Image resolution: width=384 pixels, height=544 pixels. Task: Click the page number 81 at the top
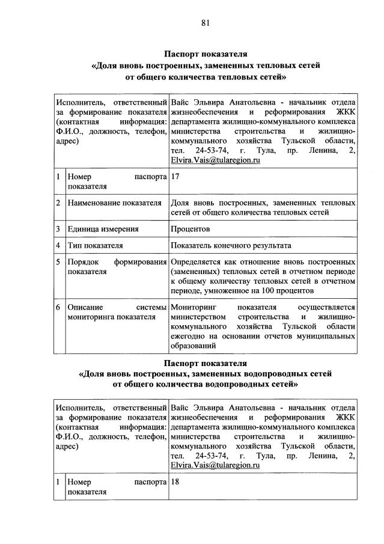pyautogui.click(x=206, y=23)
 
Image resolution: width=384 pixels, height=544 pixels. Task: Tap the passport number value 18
pyautogui.click(x=175, y=481)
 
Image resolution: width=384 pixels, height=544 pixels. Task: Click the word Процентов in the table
pyautogui.click(x=191, y=228)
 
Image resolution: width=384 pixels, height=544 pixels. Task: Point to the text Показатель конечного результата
pyautogui.click(x=231, y=245)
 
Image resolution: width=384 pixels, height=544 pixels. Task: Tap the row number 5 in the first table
pyautogui.click(x=58, y=262)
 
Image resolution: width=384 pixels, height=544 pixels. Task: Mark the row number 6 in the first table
pyautogui.click(x=58, y=308)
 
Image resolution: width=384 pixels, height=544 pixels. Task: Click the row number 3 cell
pyautogui.click(x=58, y=228)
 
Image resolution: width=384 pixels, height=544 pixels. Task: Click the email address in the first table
pyautogui.click(x=215, y=160)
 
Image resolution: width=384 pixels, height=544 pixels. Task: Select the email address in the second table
pyautogui.click(x=215, y=465)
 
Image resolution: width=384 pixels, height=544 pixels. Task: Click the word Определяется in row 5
pyautogui.click(x=198, y=262)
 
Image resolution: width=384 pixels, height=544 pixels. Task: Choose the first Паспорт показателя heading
pyautogui.click(x=206, y=52)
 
